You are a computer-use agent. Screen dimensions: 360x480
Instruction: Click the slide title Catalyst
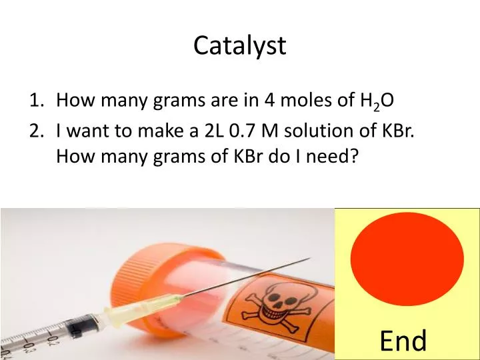[x=240, y=45]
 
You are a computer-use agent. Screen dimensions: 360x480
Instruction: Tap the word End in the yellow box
[x=403, y=341]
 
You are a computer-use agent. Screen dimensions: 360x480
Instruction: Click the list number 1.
[x=35, y=101]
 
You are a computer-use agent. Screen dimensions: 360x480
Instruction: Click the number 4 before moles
[x=269, y=101]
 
